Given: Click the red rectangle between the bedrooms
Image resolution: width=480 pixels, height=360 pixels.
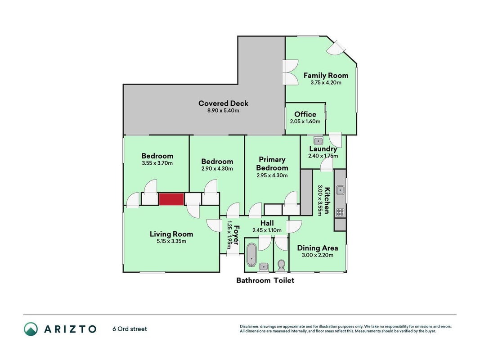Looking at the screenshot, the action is coord(171,199).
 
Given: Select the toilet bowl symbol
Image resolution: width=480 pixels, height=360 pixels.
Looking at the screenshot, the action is coord(281,265).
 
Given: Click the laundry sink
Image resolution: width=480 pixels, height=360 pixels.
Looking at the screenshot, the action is coord(319,141).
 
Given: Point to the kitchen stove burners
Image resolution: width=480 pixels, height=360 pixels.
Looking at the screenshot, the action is coord(340,212).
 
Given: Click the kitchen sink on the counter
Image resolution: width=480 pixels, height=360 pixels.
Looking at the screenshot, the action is coord(340,190).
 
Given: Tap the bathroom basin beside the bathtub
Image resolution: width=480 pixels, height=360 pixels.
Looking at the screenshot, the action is coord(264,267).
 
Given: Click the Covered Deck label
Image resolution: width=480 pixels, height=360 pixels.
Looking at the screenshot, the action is coord(223,103).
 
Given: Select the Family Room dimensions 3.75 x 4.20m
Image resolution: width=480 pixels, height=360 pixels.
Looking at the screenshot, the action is coord(326,82).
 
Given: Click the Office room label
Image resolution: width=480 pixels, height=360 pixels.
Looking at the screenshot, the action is coord(305,114).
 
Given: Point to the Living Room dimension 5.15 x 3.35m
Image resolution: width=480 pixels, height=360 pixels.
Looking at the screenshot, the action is coord(171,241).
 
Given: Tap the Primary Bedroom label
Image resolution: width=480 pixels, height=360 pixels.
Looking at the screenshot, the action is coord(272,163).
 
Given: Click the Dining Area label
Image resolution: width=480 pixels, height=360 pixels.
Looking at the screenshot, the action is coord(318,248).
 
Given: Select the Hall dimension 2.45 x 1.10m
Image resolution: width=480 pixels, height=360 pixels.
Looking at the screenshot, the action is coord(267,230).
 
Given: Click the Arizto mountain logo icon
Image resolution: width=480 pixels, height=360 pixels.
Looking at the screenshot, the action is coord(31,329).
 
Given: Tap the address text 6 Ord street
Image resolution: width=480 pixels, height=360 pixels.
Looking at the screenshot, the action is coord(130,329).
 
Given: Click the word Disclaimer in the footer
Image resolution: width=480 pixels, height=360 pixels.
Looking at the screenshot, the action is coord(249,327).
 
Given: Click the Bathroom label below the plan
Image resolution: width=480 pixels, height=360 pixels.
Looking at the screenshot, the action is coord(253,280).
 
